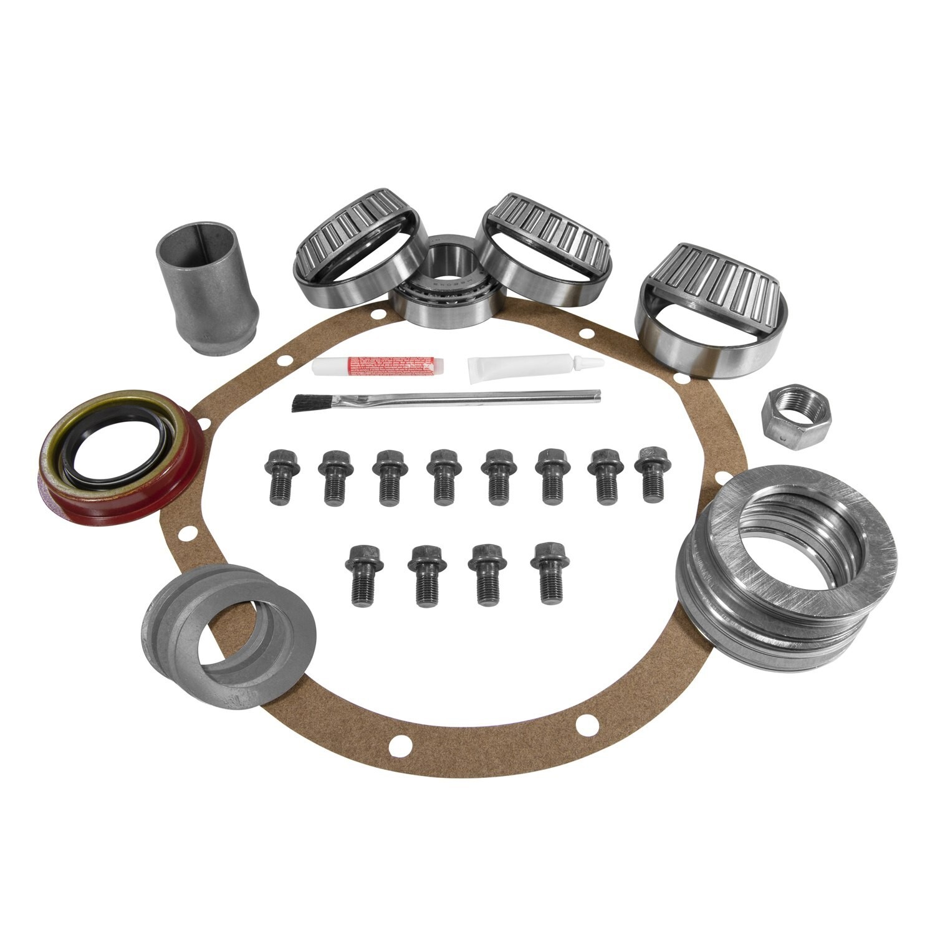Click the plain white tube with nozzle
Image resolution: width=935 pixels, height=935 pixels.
point(524,368)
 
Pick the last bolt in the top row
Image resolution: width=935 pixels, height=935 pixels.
point(650,472)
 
